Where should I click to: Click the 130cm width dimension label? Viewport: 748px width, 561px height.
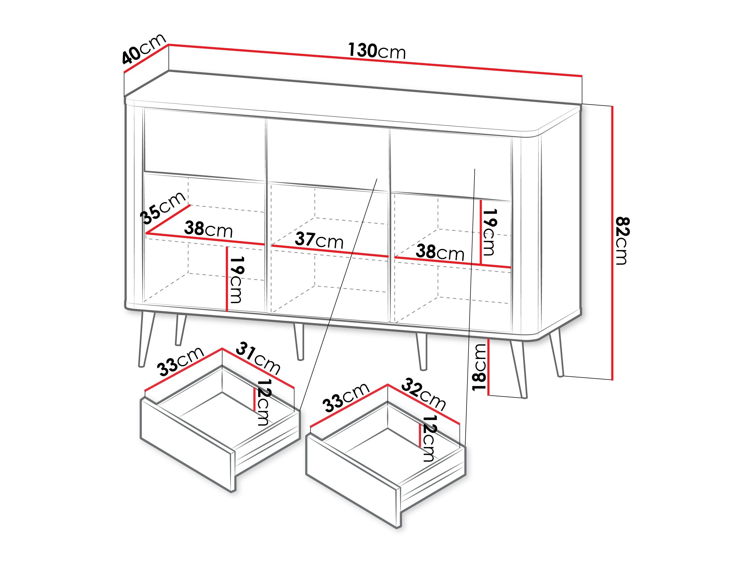[x=377, y=51]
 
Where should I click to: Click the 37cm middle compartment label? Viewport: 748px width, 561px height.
[x=319, y=240]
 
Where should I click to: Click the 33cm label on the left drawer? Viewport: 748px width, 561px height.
[x=181, y=361]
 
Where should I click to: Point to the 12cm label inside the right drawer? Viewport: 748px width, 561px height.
[x=429, y=439]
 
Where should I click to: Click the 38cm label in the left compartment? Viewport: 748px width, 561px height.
[x=208, y=230]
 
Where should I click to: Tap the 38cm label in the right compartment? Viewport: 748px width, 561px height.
[x=440, y=252]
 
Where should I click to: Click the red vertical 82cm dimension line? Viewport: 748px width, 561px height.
[x=612, y=243]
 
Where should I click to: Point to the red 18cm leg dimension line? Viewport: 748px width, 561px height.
[x=488, y=366]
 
